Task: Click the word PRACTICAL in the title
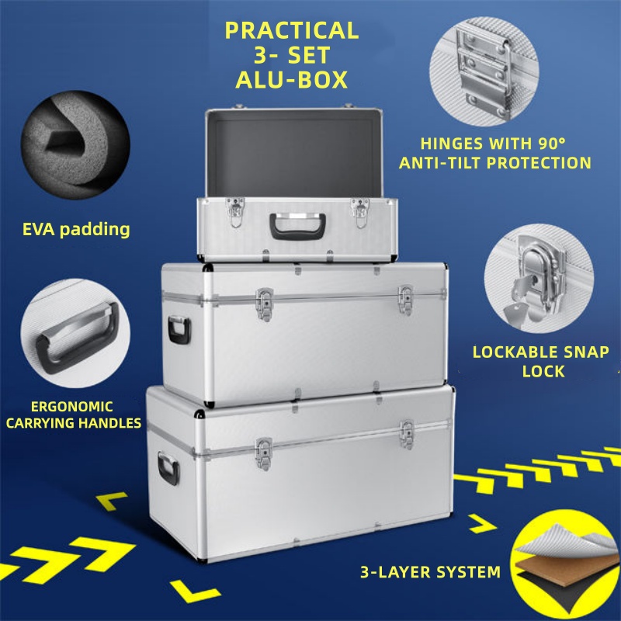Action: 292,30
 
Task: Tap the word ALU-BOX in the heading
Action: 292,80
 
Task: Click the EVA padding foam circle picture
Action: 75,145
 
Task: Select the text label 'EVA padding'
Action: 76,230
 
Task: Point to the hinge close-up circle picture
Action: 484,71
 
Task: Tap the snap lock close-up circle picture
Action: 539,279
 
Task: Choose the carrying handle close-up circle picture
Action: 75,333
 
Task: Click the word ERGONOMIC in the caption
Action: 72,407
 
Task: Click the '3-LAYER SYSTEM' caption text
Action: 431,572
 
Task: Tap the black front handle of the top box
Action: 298,226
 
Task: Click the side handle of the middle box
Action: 179,330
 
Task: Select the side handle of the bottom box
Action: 168,469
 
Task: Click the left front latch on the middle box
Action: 265,304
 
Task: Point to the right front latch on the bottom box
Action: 407,435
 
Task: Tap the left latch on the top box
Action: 235,212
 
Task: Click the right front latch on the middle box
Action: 405,300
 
